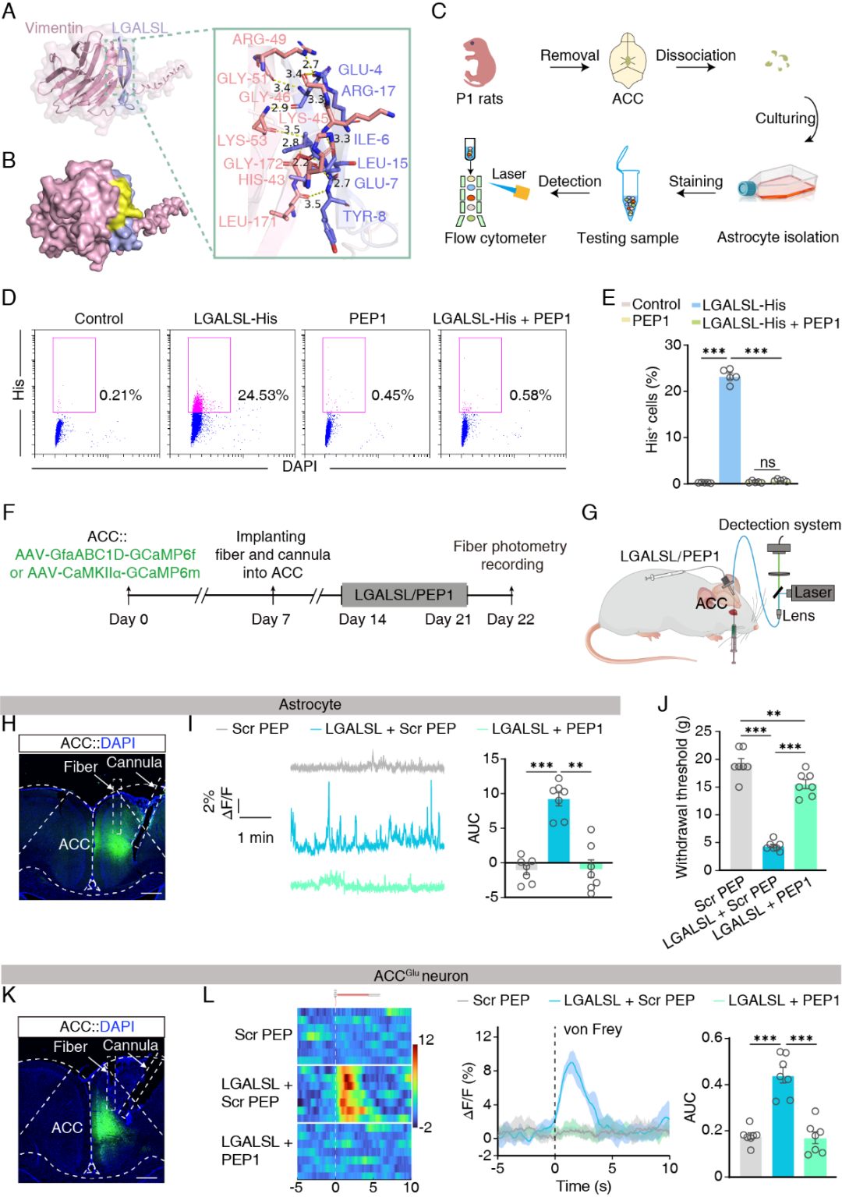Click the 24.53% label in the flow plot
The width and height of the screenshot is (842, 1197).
263,395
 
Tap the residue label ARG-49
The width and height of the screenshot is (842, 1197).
259,39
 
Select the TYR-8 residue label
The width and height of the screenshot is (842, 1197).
364,216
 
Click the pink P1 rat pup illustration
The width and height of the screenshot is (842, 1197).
478,62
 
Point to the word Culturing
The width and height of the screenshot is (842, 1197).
785,118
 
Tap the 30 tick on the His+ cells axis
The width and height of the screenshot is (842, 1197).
672,345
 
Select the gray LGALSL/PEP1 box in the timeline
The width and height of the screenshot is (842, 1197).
404,595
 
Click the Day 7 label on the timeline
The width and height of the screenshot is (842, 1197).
271,619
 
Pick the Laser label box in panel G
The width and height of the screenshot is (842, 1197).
813,593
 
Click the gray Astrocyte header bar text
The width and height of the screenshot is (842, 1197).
310,704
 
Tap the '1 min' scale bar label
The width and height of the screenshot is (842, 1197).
256,838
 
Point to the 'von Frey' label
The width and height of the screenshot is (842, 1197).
593,1029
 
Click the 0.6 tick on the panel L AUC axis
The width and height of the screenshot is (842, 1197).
712,1037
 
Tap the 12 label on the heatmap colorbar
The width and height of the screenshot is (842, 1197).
426,1039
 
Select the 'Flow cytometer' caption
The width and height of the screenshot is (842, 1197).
495,238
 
